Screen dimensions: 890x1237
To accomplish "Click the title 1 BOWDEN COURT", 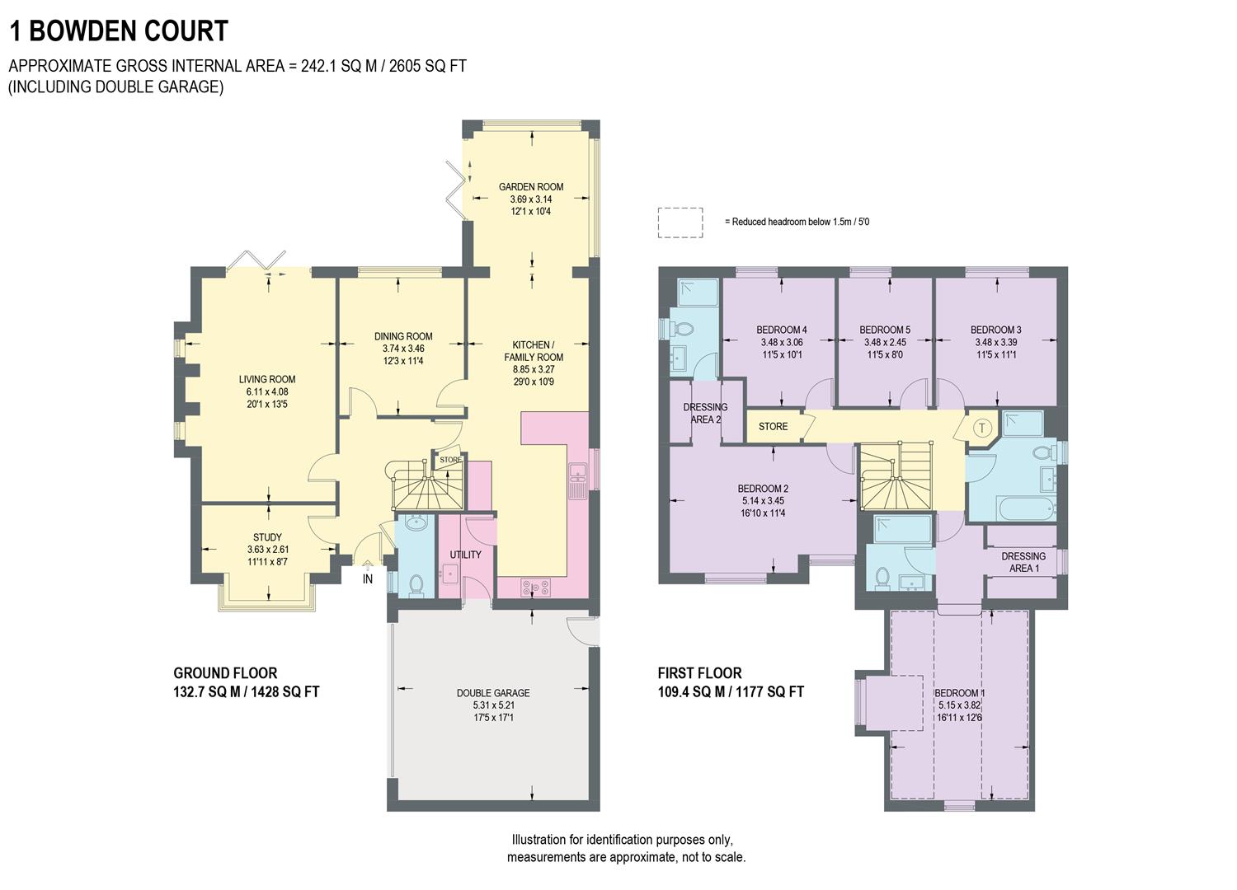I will point(118,31).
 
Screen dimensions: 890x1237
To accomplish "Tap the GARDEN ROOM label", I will point(531,187).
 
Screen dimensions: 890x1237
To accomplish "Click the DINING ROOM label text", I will point(403,336).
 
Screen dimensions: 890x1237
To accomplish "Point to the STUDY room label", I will point(267,537).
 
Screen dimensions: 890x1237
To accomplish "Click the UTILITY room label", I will point(465,555).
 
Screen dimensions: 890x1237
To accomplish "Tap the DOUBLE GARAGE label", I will point(493,693).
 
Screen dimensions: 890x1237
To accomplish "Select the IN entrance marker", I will point(368,579).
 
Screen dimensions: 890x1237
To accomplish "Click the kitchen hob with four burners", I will point(535,588).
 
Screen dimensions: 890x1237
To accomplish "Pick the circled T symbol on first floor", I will point(981,428).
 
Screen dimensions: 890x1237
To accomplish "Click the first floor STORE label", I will point(773,427).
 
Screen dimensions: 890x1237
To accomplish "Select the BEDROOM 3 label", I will point(995,330).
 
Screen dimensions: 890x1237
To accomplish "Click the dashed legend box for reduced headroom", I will point(680,222).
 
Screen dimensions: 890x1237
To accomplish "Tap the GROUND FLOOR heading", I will point(225,673).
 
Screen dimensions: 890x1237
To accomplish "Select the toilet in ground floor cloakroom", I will point(416,584).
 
